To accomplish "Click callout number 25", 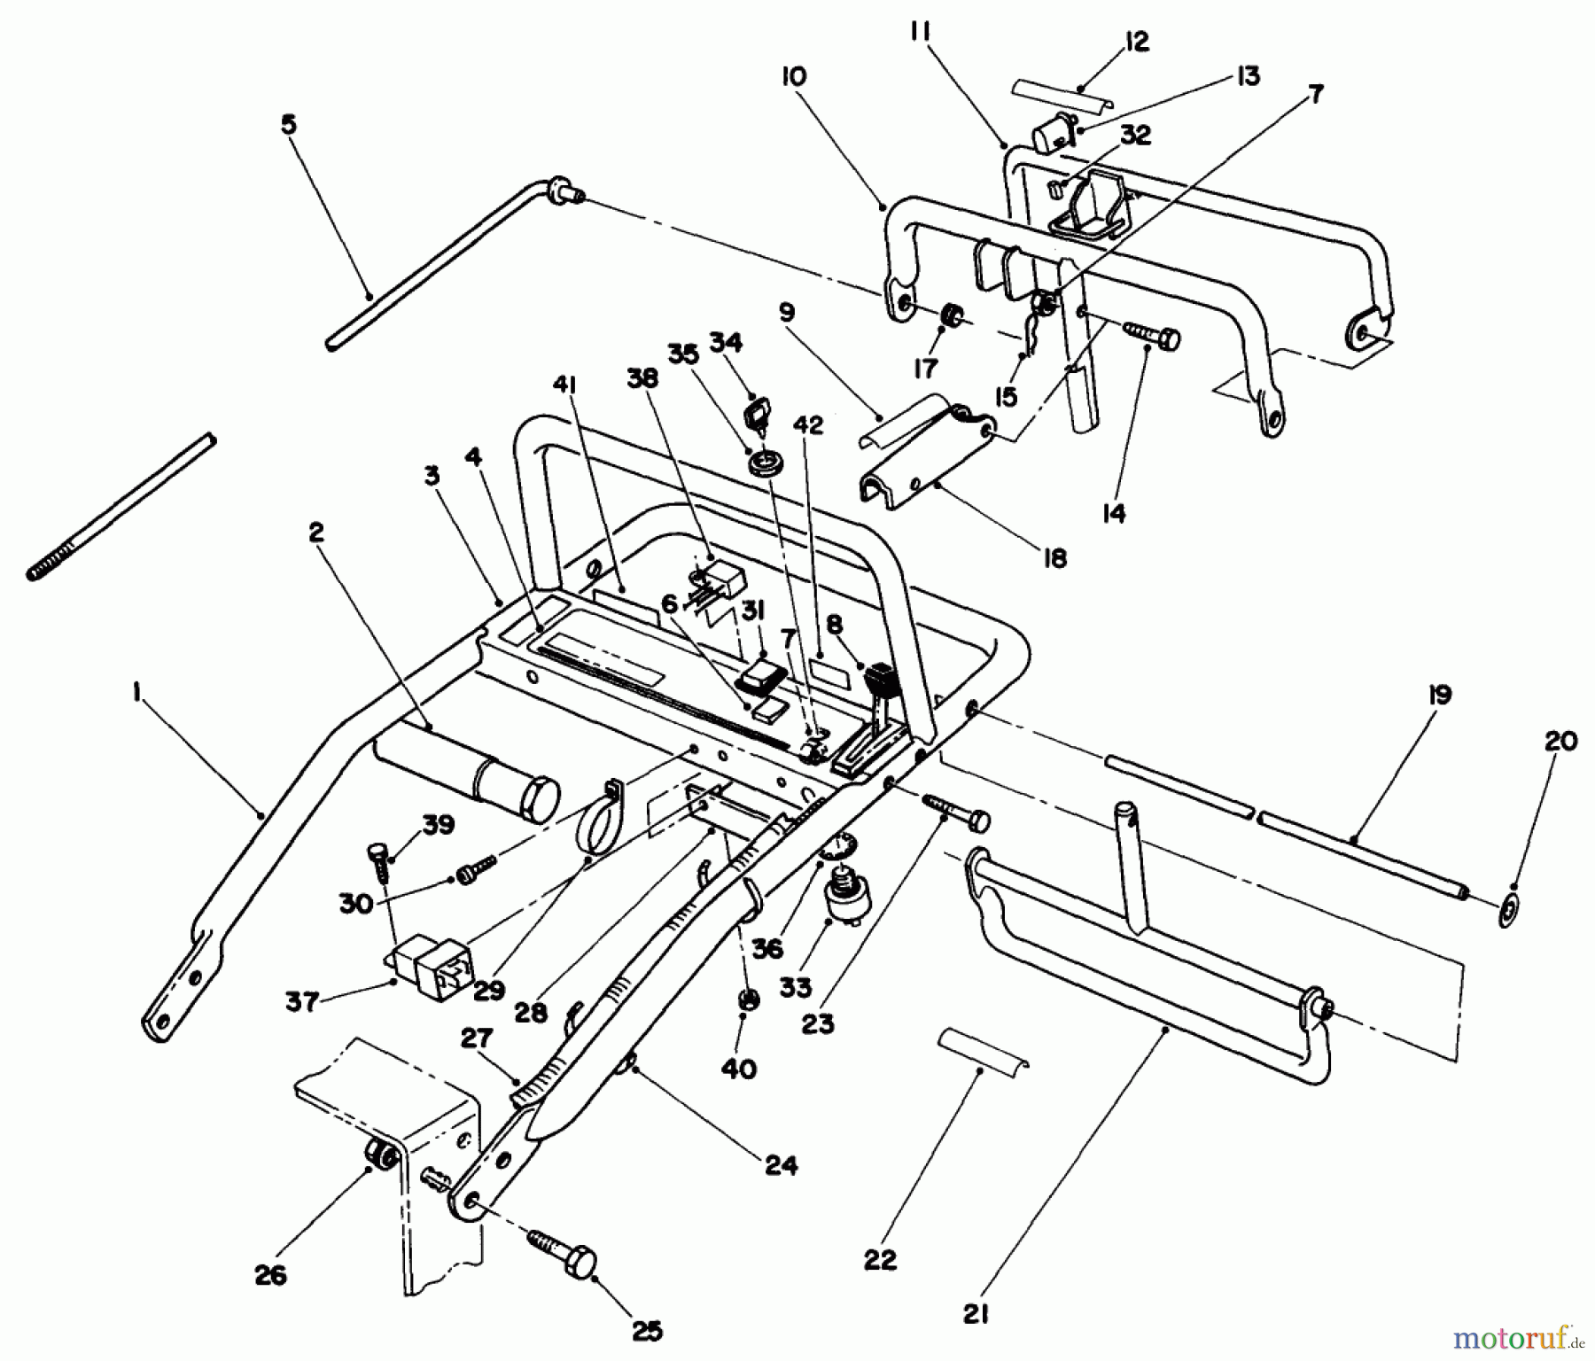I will coord(648,1330).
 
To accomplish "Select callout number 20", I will coord(1560,742).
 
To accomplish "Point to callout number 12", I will coord(1136,42).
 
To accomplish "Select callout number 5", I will coord(289,125).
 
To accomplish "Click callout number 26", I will coord(270,1275).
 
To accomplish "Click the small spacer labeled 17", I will coord(952,315).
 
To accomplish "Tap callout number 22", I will coord(882,1260).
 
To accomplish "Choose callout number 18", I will coord(1054,557).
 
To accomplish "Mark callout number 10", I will coord(793,77).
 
